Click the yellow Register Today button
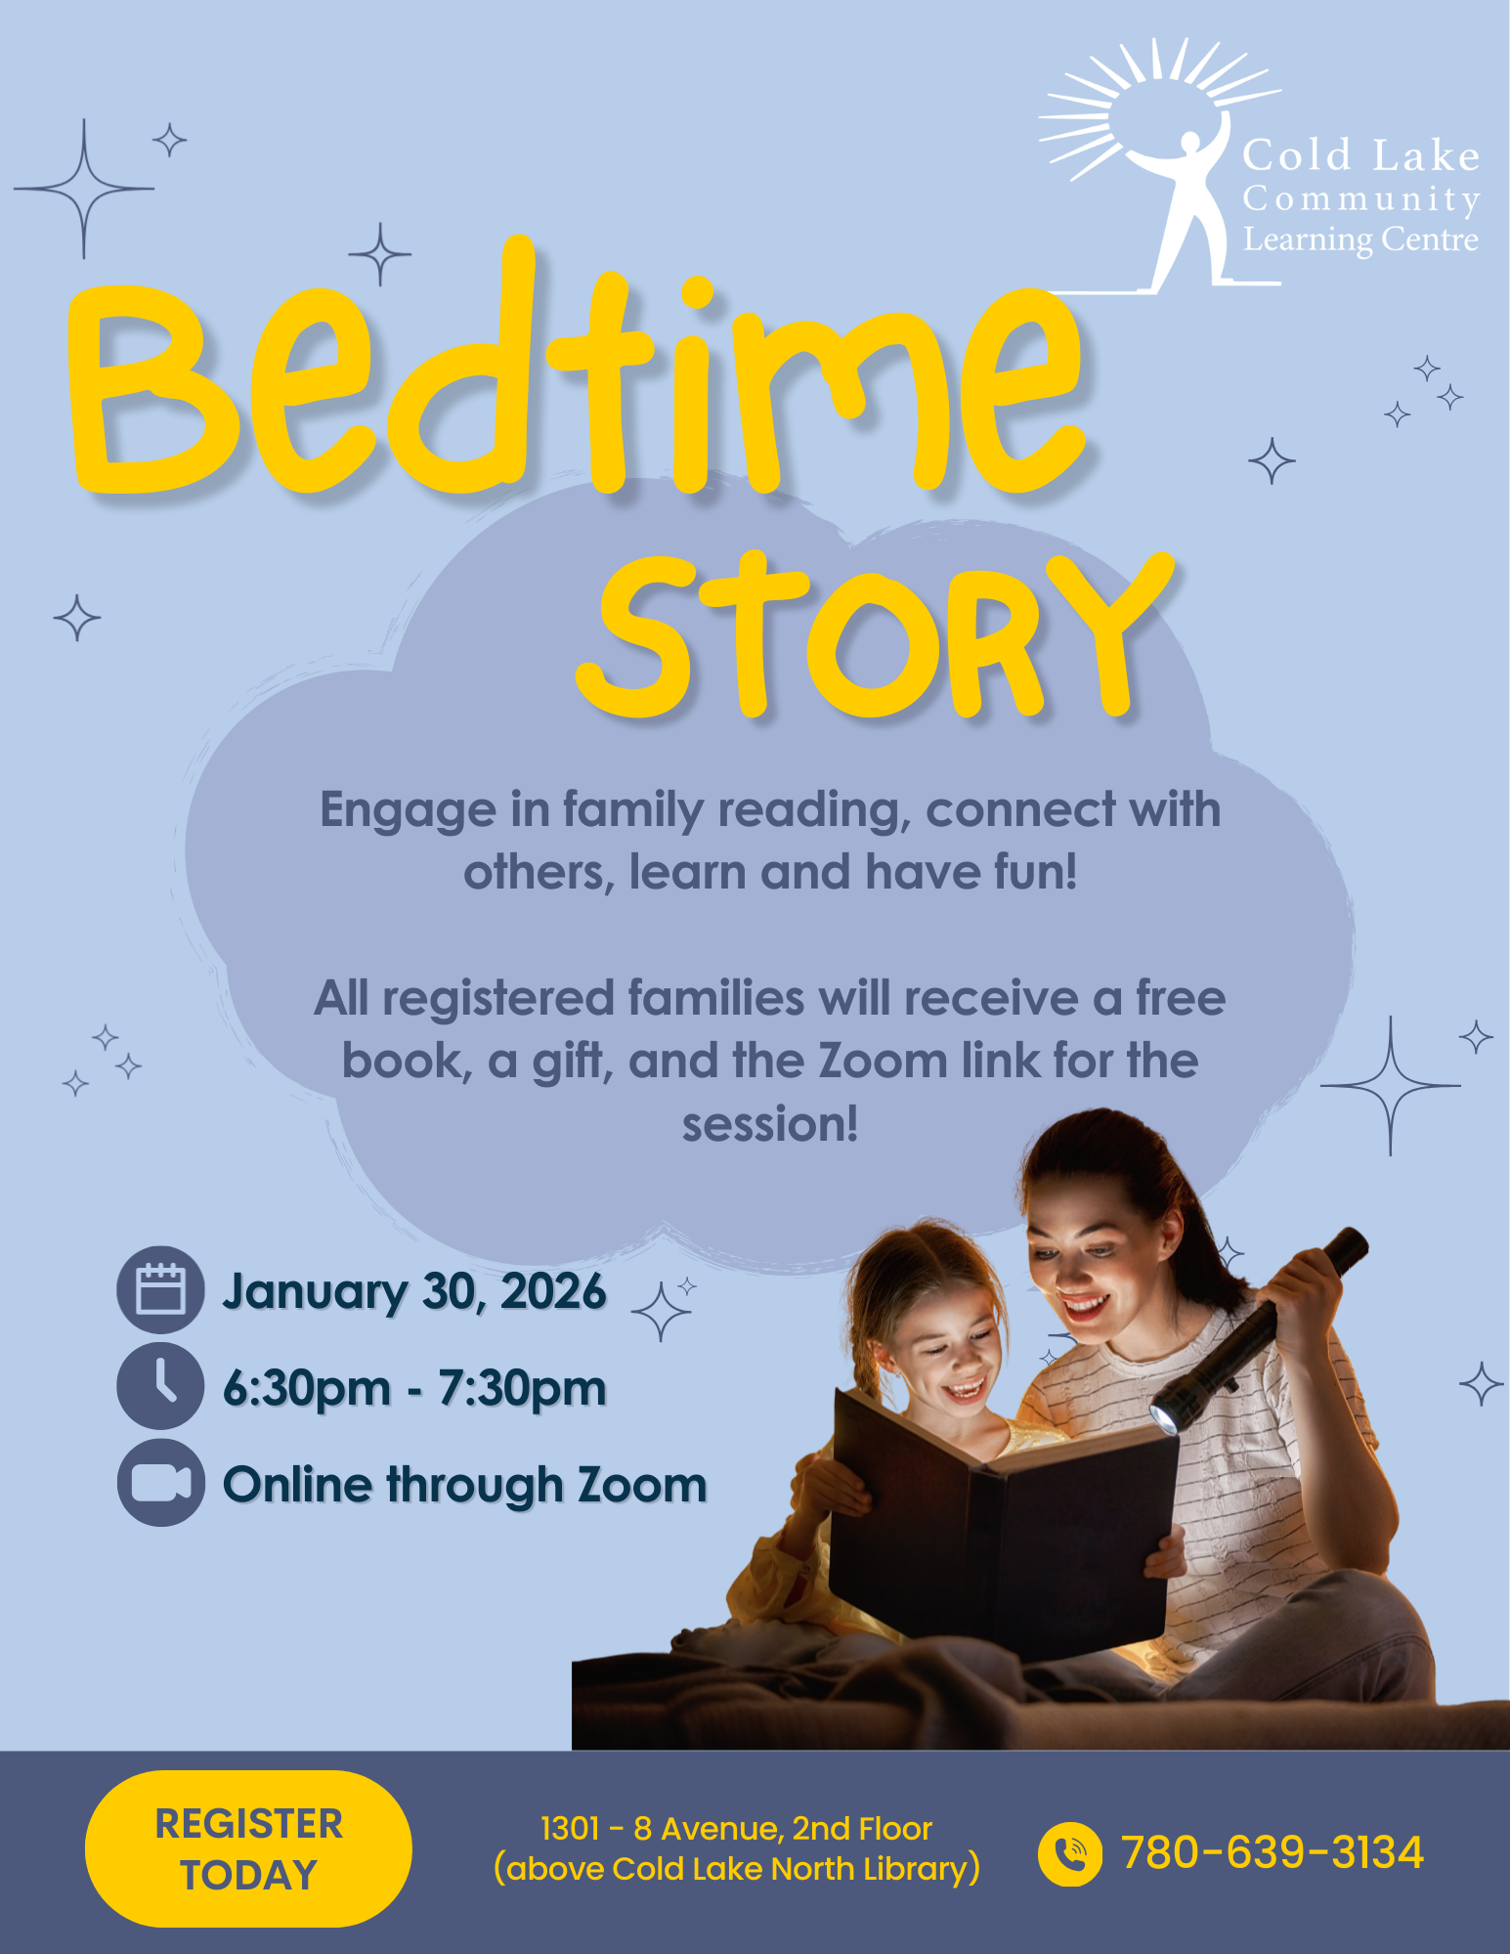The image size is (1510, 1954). click(248, 1848)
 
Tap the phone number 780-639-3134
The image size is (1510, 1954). click(1273, 1852)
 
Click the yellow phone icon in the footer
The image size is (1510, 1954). click(1070, 1853)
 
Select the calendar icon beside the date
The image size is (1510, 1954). click(160, 1289)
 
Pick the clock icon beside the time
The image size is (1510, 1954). click(160, 1386)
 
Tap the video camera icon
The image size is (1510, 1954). click(160, 1483)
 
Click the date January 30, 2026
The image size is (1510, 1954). click(414, 1292)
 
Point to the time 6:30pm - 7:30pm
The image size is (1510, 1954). click(414, 1388)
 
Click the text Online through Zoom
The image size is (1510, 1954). click(465, 1485)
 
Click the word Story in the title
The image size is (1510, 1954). click(875, 635)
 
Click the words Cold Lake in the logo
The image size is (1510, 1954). click(1360, 155)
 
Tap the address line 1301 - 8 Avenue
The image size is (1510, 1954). click(736, 1829)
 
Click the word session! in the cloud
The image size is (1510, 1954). click(770, 1124)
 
